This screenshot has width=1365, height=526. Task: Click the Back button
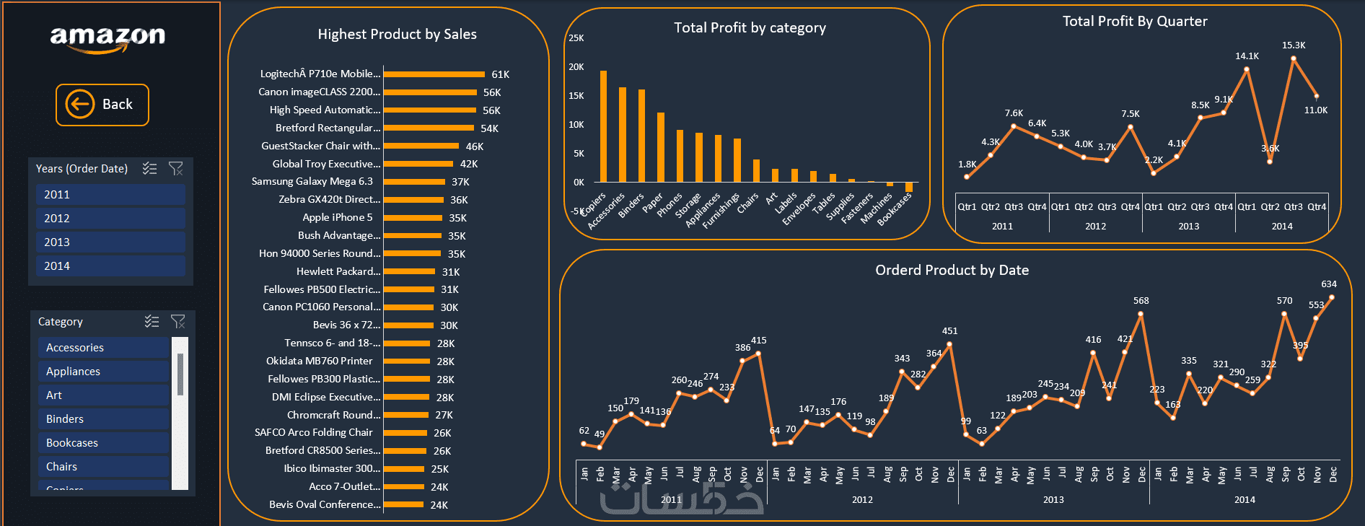[102, 105]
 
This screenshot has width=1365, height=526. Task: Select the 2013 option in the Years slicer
[110, 242]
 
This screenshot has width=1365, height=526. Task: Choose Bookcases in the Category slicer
[103, 443]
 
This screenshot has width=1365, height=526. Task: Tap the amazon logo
[107, 38]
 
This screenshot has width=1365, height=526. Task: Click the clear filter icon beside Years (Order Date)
[175, 169]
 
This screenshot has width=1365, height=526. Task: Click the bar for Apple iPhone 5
[413, 218]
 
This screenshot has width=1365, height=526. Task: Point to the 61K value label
[500, 74]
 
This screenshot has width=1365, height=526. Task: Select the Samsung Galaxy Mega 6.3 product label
[312, 182]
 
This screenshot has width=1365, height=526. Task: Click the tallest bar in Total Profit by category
[603, 126]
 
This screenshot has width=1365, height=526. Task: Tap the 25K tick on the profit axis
[576, 38]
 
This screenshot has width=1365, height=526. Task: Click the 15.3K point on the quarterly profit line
[1293, 58]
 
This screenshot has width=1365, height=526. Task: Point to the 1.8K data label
[967, 165]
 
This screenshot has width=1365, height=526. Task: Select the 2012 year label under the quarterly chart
[1095, 227]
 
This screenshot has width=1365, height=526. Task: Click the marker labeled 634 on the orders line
[1331, 297]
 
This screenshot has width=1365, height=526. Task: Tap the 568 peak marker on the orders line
[1141, 313]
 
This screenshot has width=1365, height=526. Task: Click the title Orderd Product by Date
[952, 271]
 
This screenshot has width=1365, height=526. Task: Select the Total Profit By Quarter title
[1134, 22]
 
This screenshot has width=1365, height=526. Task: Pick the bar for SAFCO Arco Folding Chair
[405, 433]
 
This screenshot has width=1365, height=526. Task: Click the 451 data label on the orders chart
[949, 331]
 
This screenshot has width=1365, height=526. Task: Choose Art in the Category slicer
[103, 395]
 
